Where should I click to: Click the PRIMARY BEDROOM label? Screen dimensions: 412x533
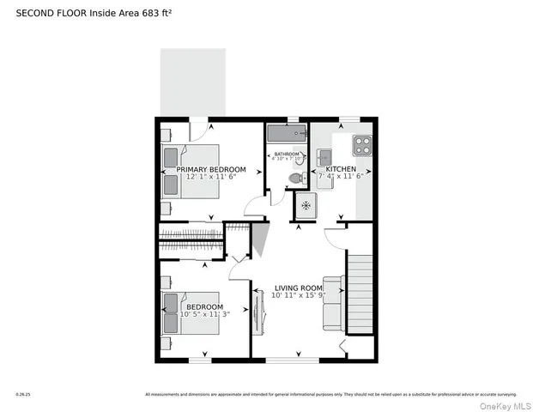click(211, 170)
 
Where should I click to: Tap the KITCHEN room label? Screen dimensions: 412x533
click(341, 170)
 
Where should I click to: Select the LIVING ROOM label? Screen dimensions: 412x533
click(299, 288)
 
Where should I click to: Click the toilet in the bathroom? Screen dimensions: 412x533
click(296, 178)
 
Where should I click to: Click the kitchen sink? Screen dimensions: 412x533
click(324, 156)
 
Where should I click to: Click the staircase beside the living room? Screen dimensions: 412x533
click(360, 292)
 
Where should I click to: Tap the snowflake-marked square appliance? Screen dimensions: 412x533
click(306, 206)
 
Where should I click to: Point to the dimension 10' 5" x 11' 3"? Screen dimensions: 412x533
click(205, 315)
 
